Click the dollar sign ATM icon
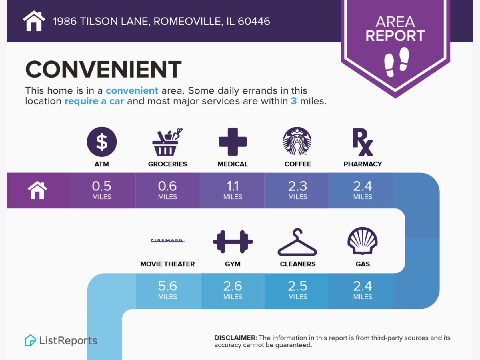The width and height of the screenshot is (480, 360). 102,142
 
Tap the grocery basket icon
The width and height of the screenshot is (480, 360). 167,142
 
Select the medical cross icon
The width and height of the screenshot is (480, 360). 233,142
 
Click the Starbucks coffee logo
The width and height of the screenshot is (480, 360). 297,141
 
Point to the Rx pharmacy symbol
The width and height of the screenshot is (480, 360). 362,142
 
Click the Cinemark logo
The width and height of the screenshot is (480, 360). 168,240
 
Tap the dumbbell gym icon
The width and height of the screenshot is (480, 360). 233,242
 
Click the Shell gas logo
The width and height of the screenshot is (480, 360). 362,241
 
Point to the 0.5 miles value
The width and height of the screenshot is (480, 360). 102,190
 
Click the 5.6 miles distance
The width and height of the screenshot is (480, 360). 168,290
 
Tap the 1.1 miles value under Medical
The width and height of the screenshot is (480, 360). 233,190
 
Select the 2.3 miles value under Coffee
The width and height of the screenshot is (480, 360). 298,190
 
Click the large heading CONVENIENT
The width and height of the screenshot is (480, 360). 103,69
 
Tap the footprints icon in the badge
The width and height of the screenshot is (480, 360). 396,62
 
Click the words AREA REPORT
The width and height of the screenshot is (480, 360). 395,29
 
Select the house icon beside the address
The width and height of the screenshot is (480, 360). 34,21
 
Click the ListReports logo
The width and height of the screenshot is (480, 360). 61,340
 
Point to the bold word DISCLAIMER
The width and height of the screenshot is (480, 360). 236,338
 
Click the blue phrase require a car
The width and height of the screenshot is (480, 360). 94,101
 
